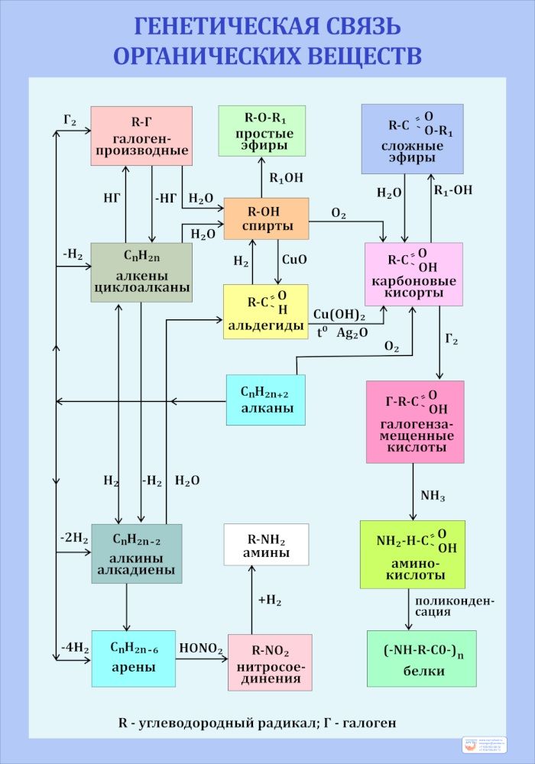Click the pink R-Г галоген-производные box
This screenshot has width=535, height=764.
pyautogui.click(x=141, y=135)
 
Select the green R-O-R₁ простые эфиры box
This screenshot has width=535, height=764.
pyautogui.click(x=261, y=131)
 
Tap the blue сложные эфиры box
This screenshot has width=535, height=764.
pyautogui.click(x=412, y=138)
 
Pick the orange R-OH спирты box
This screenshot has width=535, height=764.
pyautogui.click(x=266, y=219)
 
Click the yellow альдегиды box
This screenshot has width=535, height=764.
pyautogui.click(x=265, y=311)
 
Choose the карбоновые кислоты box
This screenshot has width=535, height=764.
pyautogui.click(x=413, y=274)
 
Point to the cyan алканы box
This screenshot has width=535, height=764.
pyautogui.click(x=265, y=400)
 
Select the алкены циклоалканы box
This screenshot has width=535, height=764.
pyautogui.click(x=141, y=272)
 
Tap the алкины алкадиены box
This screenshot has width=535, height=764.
pyautogui.click(x=137, y=553)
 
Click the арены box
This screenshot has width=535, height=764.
pyautogui.click(x=134, y=658)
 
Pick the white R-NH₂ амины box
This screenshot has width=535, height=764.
pyautogui.click(x=266, y=545)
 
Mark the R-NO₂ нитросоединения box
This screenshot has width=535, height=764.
pyautogui.click(x=270, y=662)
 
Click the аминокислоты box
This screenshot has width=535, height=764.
pyautogui.click(x=412, y=554)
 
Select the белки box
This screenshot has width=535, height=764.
pyautogui.click(x=421, y=658)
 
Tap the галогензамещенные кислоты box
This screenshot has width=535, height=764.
pyautogui.click(x=415, y=422)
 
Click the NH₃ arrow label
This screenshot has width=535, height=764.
pyautogui.click(x=433, y=496)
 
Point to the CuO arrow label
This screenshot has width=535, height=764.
pyautogui.click(x=294, y=260)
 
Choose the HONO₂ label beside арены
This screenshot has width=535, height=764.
pyautogui.click(x=201, y=649)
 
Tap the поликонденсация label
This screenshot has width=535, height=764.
pyautogui.click(x=455, y=606)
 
